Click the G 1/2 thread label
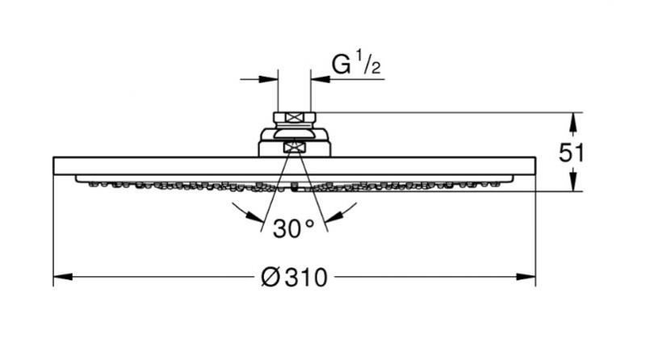(356, 64)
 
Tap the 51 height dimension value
(572, 153)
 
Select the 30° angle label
(293, 228)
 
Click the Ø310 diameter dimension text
(294, 277)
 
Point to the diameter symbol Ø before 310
(271, 277)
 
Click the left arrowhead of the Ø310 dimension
(63, 277)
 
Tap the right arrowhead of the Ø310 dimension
(526, 277)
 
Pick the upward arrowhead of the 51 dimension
(573, 123)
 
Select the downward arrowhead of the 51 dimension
(573, 182)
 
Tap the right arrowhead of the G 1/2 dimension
(321, 79)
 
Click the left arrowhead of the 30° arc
(255, 216)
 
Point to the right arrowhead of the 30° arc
(333, 216)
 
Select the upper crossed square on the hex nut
(295, 117)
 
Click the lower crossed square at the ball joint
(294, 147)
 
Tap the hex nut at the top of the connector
(295, 117)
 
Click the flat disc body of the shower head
(295, 166)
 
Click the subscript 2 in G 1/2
(375, 69)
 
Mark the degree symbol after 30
(310, 224)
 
